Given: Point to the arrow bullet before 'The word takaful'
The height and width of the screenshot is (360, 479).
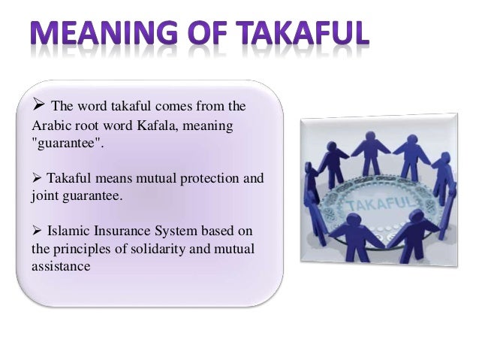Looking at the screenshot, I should (x=38, y=104).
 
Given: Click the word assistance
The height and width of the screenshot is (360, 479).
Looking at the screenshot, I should (x=60, y=265).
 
